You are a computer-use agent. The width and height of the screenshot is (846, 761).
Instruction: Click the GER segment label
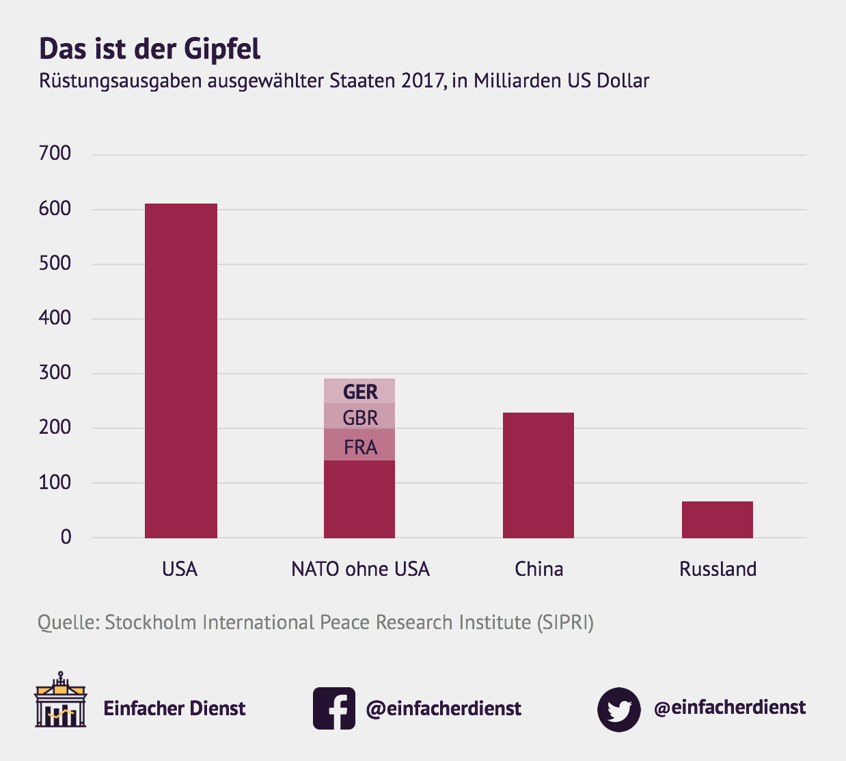point(360,391)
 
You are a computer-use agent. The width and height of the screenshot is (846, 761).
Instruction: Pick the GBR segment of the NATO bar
point(360,417)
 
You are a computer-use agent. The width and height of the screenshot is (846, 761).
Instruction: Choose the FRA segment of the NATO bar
point(360,447)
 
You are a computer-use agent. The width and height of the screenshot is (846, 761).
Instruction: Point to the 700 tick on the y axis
point(55,153)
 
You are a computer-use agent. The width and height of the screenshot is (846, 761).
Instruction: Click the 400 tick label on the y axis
point(55,318)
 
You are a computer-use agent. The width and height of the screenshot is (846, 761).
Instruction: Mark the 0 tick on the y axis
point(66,537)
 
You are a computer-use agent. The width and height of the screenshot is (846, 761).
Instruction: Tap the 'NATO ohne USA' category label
point(360,569)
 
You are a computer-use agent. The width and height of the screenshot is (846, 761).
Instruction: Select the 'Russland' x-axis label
point(718,569)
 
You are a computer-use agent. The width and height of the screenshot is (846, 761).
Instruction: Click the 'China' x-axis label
point(538,569)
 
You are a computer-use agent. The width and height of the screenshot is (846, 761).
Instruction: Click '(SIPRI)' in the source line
point(565,622)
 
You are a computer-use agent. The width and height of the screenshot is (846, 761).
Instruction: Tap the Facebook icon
point(334,708)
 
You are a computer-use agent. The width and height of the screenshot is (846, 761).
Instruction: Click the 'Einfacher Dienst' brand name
point(174,708)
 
